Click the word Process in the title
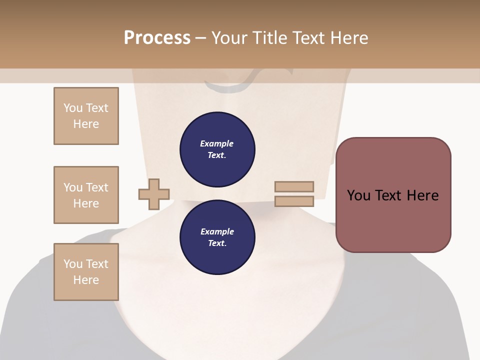tap(157, 38)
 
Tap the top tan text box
tap(86, 116)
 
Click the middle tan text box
tap(86, 195)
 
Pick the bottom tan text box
tap(86, 272)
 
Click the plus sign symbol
tap(154, 194)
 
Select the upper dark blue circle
tap(217, 149)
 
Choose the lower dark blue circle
tap(217, 237)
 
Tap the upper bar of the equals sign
tap(294, 186)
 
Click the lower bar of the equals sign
tap(294, 201)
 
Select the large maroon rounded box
tap(393, 195)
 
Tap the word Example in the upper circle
tap(217, 143)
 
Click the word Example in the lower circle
tap(217, 231)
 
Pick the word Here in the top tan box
tap(86, 124)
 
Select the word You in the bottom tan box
tap(73, 264)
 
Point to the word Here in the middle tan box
tap(86, 203)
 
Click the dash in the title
tap(201, 38)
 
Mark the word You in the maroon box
tap(358, 195)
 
